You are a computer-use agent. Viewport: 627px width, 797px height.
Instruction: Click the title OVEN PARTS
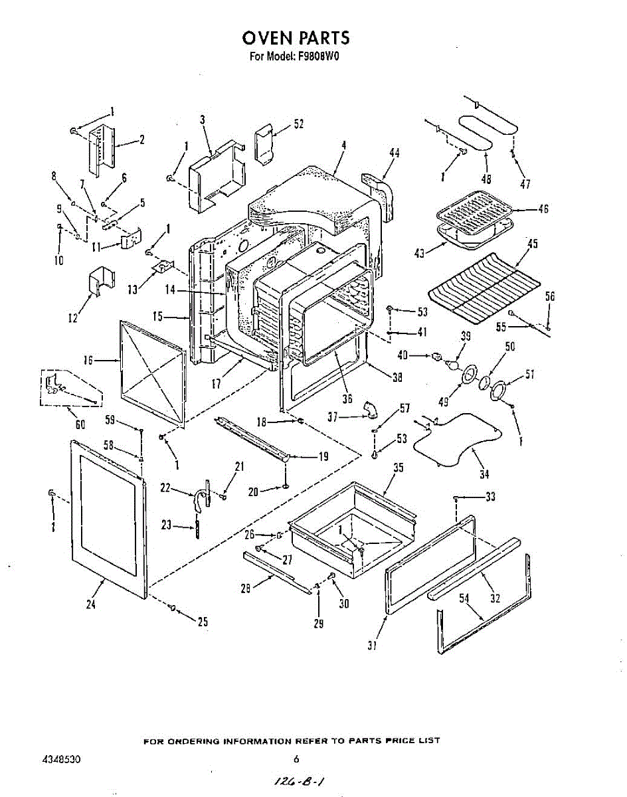(x=296, y=38)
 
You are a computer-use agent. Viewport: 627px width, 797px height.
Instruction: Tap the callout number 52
(x=298, y=124)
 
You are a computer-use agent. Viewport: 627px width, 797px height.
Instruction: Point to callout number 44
(x=395, y=153)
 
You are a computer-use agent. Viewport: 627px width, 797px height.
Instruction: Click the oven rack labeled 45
(x=484, y=288)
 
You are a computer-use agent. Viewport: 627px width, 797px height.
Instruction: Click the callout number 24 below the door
(x=91, y=604)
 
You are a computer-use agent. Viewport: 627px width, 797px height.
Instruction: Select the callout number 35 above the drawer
(x=398, y=468)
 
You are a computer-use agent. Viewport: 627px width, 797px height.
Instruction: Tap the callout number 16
(x=88, y=360)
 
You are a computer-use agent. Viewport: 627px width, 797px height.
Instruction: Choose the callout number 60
(x=80, y=424)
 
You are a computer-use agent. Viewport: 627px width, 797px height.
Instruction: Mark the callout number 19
(x=323, y=456)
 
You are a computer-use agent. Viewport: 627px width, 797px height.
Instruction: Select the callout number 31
(x=372, y=646)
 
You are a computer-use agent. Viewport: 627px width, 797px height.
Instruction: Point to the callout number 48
(x=486, y=179)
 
